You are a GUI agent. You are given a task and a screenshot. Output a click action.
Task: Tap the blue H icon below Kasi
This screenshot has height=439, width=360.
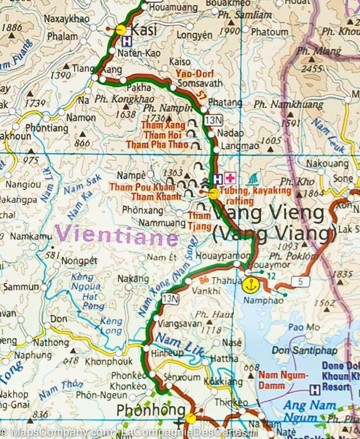click(x=126, y=41)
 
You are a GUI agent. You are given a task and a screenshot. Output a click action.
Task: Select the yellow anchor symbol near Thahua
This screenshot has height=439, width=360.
click(x=249, y=283)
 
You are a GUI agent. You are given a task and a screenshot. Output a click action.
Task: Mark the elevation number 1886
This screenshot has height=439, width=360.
click(x=12, y=27)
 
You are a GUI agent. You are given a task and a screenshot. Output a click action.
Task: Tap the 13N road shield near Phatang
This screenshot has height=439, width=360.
click(x=213, y=120)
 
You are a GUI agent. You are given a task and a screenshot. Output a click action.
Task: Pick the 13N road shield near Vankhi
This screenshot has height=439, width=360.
click(x=170, y=298)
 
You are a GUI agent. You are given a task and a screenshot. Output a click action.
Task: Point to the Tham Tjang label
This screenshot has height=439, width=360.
click(x=200, y=220)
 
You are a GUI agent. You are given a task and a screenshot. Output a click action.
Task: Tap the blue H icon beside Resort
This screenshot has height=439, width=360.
click(x=314, y=390)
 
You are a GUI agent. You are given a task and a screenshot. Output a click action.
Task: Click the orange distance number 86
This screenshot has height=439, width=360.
click(x=205, y=280)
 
